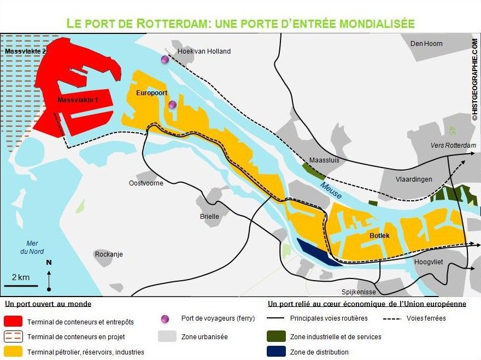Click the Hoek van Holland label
[x=204, y=51]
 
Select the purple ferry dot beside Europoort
[x=173, y=104]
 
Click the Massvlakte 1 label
[x=78, y=100]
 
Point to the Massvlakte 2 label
[x=26, y=51]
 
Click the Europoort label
[x=152, y=93]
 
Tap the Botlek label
[x=379, y=235]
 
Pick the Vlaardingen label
[x=414, y=179]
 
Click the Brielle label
[x=209, y=216]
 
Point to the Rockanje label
[x=109, y=254]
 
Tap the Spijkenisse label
[x=359, y=292]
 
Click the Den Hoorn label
[x=426, y=43]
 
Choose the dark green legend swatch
[x=276, y=336]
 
